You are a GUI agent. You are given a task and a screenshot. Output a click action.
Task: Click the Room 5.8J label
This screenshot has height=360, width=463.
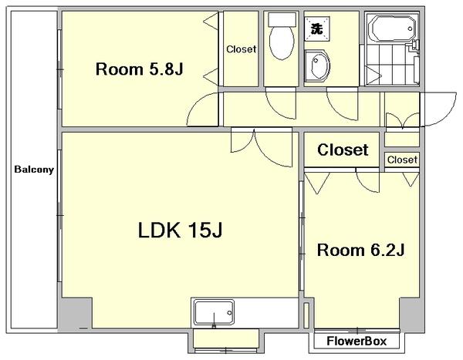140,69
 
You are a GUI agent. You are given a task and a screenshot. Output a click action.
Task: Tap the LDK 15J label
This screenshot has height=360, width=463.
180,230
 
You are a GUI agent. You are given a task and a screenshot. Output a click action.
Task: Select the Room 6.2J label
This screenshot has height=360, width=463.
360,251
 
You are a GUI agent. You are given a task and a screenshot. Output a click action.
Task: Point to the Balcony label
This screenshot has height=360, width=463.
34,170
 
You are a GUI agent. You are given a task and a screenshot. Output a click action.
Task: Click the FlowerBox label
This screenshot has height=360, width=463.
357,341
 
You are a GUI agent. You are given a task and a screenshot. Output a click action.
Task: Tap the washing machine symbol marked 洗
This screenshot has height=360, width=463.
317,29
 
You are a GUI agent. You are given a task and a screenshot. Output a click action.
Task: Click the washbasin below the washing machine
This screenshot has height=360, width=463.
317,66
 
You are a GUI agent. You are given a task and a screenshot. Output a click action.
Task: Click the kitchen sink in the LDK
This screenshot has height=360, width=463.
214,313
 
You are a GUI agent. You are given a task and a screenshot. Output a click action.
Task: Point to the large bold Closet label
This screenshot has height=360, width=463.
343,150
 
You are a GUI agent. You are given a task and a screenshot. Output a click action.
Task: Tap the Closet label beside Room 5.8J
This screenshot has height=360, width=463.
242,49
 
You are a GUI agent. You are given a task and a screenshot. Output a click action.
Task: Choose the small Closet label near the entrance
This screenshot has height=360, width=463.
403,160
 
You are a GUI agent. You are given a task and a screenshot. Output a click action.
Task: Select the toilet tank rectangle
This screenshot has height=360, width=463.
282,19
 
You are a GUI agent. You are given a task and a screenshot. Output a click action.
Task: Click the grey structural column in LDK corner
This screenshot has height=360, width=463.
76,313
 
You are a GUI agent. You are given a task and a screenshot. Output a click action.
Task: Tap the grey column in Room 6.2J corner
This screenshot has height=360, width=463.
411,314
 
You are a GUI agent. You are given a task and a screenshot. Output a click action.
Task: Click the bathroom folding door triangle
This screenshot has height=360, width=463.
371,75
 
